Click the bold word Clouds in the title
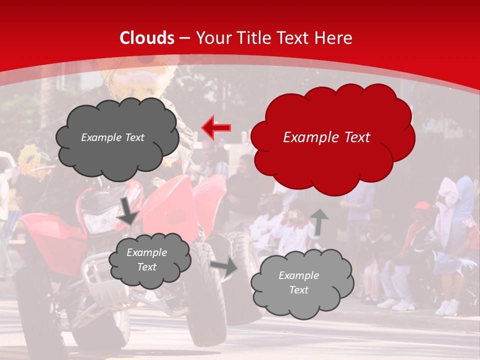click(x=147, y=38)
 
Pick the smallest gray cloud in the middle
click(x=150, y=259)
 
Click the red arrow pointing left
click(x=216, y=128)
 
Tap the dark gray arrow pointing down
click(x=128, y=210)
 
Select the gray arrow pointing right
click(x=224, y=267)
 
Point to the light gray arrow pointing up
click(x=319, y=222)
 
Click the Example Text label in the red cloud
click(x=326, y=137)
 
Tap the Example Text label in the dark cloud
click(x=112, y=137)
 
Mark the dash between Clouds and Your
click(x=184, y=38)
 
